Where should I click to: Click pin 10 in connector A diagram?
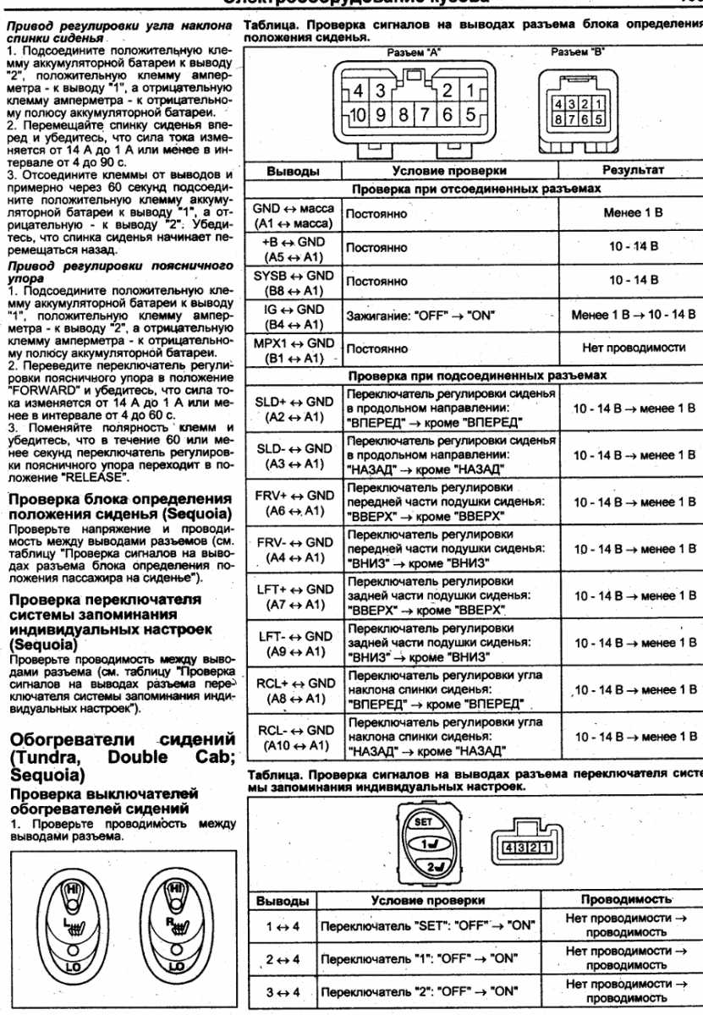click(x=360, y=112)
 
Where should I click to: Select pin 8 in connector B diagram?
click(x=560, y=119)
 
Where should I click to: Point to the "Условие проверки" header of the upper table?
click(x=450, y=171)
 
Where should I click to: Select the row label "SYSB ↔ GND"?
click(x=294, y=276)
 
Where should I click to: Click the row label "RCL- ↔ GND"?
click(x=294, y=730)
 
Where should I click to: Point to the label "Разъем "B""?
click(x=573, y=52)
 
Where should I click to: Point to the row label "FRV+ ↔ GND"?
click(x=294, y=496)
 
